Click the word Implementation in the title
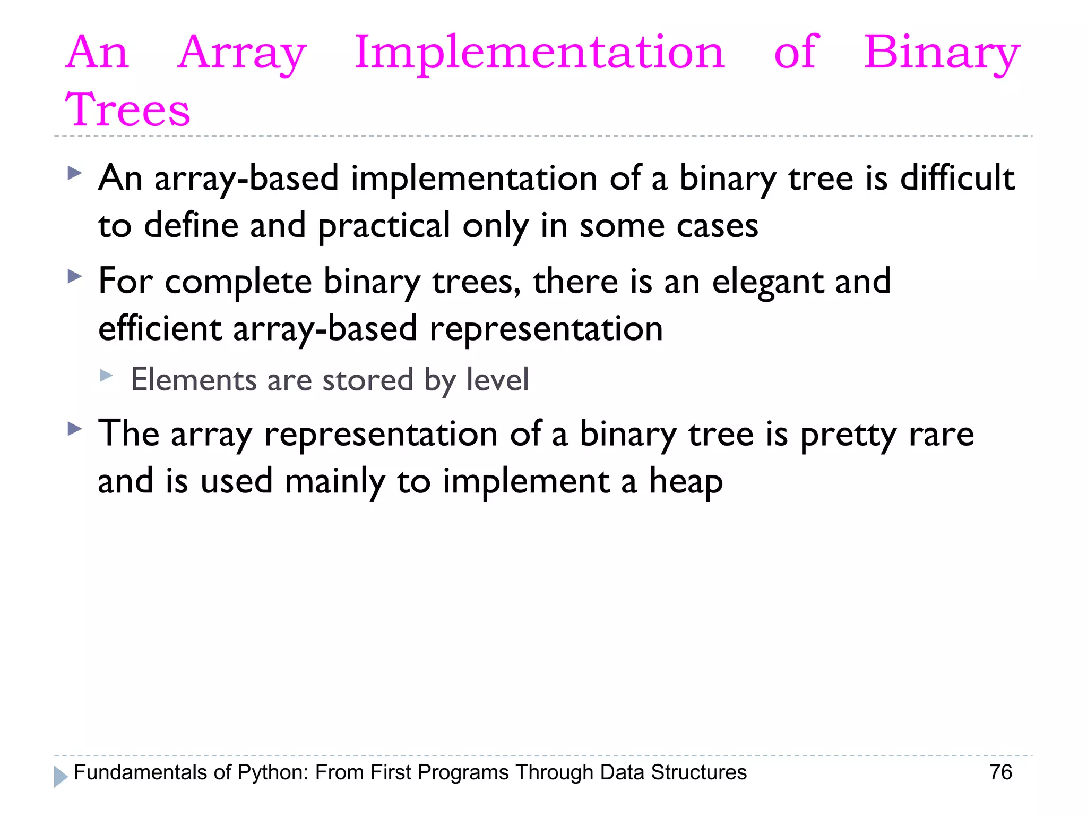pyautogui.click(x=539, y=53)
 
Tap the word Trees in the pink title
pyautogui.click(x=127, y=110)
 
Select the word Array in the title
pyautogui.click(x=242, y=53)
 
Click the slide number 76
pyautogui.click(x=1000, y=772)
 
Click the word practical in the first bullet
pyautogui.click(x=384, y=226)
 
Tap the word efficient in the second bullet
pyautogui.click(x=160, y=329)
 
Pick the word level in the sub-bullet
pyautogui.click(x=497, y=380)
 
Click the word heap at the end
pyautogui.click(x=686, y=482)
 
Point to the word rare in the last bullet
pyautogui.click(x=941, y=435)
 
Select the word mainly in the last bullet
pyautogui.click(x=334, y=482)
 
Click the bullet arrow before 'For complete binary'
pyautogui.click(x=75, y=276)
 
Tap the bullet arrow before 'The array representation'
pyautogui.click(x=75, y=429)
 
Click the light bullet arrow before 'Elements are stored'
pyautogui.click(x=106, y=376)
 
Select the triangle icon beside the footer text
pyautogui.click(x=61, y=777)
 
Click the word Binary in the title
pyautogui.click(x=942, y=53)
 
